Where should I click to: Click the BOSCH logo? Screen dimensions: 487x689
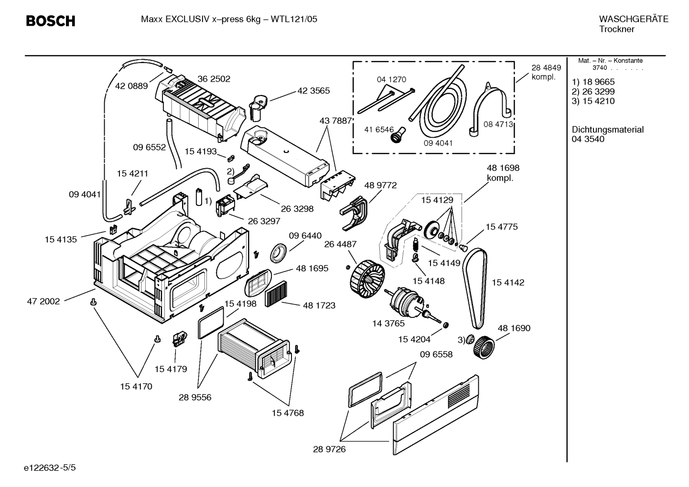coord(50,21)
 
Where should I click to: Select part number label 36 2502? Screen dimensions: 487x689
coord(214,79)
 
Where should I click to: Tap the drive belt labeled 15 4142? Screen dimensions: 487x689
coord(476,287)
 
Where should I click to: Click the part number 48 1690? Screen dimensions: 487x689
coord(514,328)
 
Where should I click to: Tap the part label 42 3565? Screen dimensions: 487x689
coord(313,91)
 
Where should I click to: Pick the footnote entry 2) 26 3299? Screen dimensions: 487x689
coord(593,92)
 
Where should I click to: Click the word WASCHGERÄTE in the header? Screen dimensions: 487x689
coord(633,19)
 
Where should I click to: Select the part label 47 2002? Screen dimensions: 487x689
coord(43,302)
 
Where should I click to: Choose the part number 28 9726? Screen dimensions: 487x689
coord(329,449)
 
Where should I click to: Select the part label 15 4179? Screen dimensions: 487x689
coord(171,369)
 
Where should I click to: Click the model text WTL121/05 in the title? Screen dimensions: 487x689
coord(294,19)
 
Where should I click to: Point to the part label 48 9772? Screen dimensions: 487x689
coord(380,185)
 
